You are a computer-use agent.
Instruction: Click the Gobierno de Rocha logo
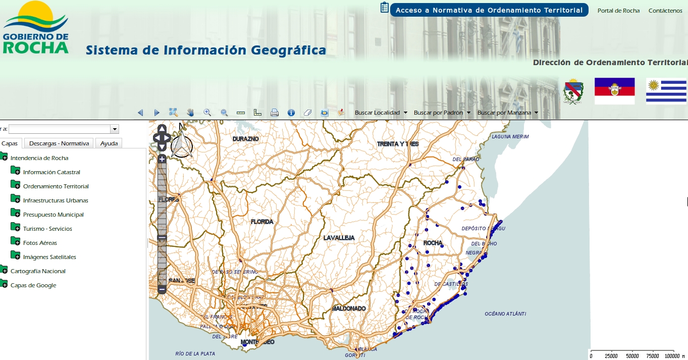pyautogui.click(x=35, y=28)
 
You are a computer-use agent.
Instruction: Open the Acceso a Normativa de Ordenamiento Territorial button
pyautogui.click(x=489, y=10)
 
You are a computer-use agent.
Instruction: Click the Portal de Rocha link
pyautogui.click(x=618, y=11)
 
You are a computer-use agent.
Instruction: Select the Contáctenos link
pyautogui.click(x=665, y=11)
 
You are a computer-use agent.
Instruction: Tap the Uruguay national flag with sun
pyautogui.click(x=666, y=91)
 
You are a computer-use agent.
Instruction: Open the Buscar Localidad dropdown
pyautogui.click(x=381, y=113)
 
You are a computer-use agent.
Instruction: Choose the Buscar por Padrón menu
pyautogui.click(x=442, y=113)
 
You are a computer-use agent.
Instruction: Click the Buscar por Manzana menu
pyautogui.click(x=507, y=113)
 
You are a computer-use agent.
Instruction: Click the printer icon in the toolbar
pyautogui.click(x=275, y=113)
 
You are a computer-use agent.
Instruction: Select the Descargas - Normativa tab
pyautogui.click(x=59, y=143)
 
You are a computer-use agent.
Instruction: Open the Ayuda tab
pyautogui.click(x=109, y=143)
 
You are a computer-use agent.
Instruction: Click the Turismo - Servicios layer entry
pyautogui.click(x=47, y=229)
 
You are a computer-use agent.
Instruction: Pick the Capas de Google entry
pyautogui.click(x=33, y=285)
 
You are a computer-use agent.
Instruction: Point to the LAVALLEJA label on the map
pyautogui.click(x=339, y=238)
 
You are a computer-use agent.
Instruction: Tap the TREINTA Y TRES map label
pyautogui.click(x=398, y=144)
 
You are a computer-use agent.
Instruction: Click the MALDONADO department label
pyautogui.click(x=349, y=308)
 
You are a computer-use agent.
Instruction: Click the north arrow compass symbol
pyautogui.click(x=182, y=146)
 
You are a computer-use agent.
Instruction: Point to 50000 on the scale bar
pyautogui.click(x=632, y=356)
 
